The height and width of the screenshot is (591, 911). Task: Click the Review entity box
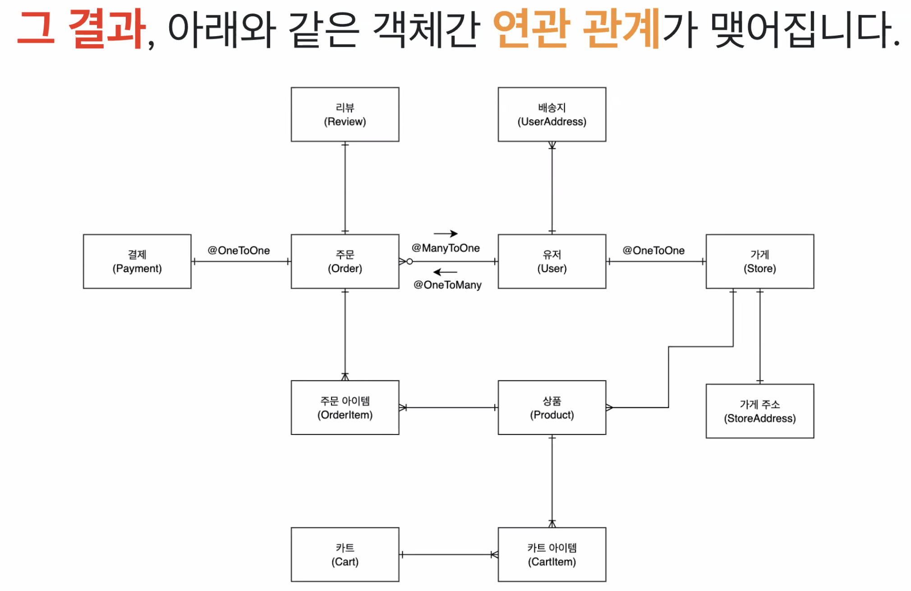[x=345, y=115]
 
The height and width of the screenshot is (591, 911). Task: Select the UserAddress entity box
[x=552, y=115]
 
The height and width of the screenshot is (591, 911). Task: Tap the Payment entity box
[x=137, y=261]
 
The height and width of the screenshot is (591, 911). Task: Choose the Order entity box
[x=345, y=261]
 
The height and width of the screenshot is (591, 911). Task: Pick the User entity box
[x=552, y=261]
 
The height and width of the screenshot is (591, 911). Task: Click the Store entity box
[x=759, y=261]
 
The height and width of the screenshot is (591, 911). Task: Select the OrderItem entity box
[x=345, y=407]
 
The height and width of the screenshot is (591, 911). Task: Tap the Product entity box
[x=552, y=407]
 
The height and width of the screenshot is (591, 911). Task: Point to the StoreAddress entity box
[x=759, y=411]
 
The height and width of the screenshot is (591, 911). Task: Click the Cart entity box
[x=345, y=554]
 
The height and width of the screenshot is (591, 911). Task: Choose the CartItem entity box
[x=552, y=554]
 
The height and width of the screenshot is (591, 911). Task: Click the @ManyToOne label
[x=446, y=248]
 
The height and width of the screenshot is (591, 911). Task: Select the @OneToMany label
[x=447, y=285]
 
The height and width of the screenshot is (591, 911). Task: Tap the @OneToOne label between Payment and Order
[x=239, y=250]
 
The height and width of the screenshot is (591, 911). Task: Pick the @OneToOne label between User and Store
[x=653, y=250]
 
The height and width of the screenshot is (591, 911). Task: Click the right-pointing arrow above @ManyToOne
[x=446, y=233]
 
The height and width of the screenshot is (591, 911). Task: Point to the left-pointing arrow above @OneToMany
[x=445, y=272]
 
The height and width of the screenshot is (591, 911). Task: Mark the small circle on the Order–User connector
[x=409, y=262]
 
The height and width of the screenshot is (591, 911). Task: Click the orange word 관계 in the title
[x=621, y=28]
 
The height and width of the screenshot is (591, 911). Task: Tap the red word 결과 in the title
[x=107, y=28]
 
